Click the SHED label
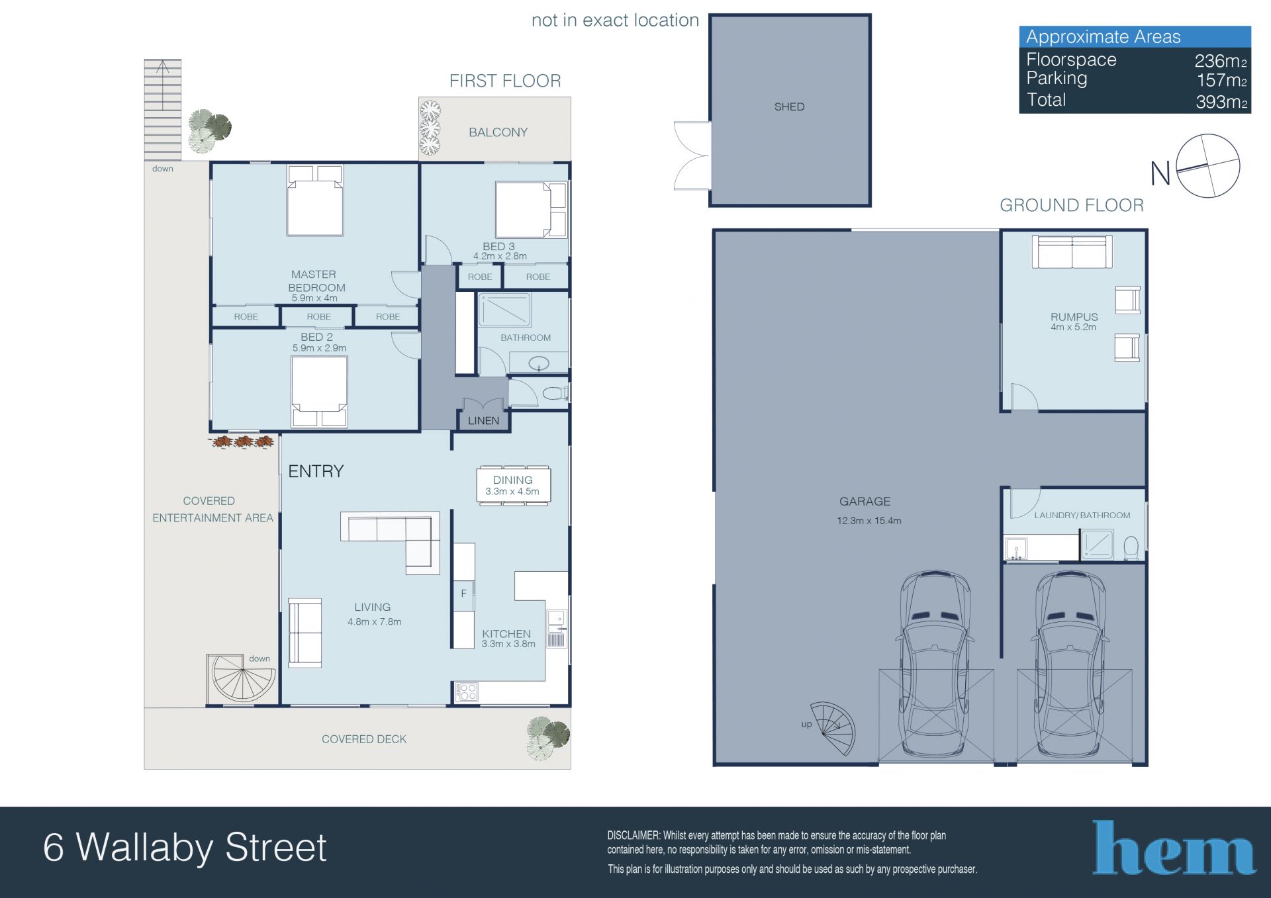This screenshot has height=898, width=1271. coord(789,107)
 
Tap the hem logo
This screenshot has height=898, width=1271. coord(1174,848)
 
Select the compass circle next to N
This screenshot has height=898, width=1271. coord(1208,166)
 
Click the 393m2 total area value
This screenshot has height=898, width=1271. coord(1221,102)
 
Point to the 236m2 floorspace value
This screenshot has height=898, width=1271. coord(1221,61)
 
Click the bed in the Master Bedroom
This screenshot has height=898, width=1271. coord(315,200)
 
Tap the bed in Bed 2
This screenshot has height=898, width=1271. coord(319,392)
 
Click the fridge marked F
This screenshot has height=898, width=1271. coord(463,594)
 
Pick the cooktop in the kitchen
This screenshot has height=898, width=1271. coord(467,692)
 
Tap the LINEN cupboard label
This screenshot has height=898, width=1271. coord(483,420)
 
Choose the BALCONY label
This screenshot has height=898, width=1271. coord(498,132)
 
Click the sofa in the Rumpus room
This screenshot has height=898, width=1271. coord(1072,253)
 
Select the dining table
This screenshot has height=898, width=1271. coord(513,486)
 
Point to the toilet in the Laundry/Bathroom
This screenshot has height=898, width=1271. coord(1131,548)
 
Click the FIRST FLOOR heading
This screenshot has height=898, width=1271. coord(505,81)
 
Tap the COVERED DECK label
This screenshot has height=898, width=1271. coord(364,739)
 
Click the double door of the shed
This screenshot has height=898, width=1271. coord(692,156)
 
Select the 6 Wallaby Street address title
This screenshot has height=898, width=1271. coord(185,848)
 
